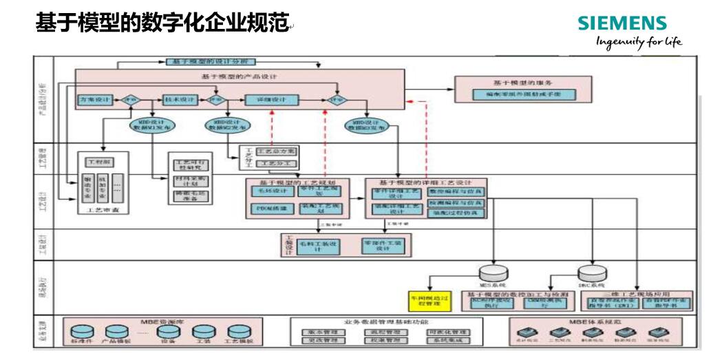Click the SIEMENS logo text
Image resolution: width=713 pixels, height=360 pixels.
coord(622,23)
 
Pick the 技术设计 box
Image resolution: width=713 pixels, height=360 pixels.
coord(179,100)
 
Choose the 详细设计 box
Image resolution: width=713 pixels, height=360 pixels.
coord(272,100)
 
